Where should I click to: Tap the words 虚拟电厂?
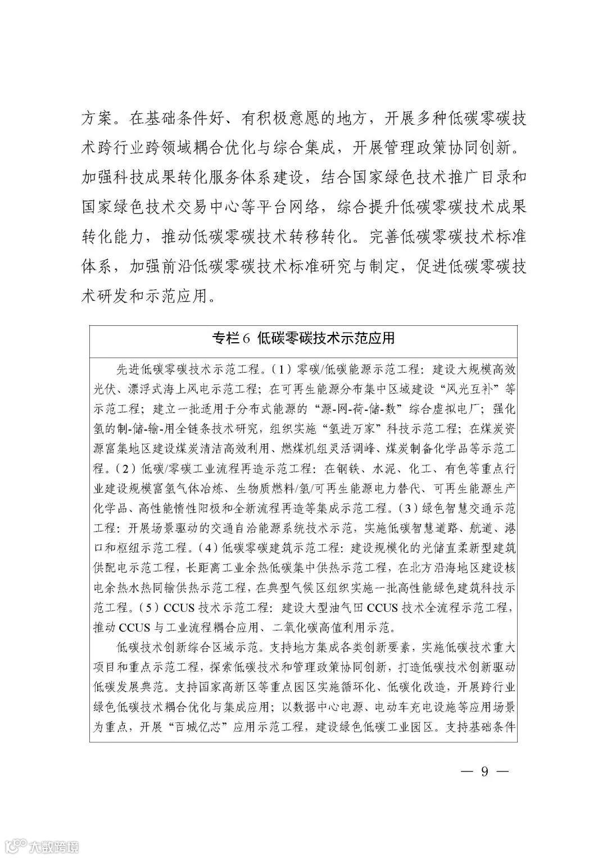[x=461, y=408]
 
